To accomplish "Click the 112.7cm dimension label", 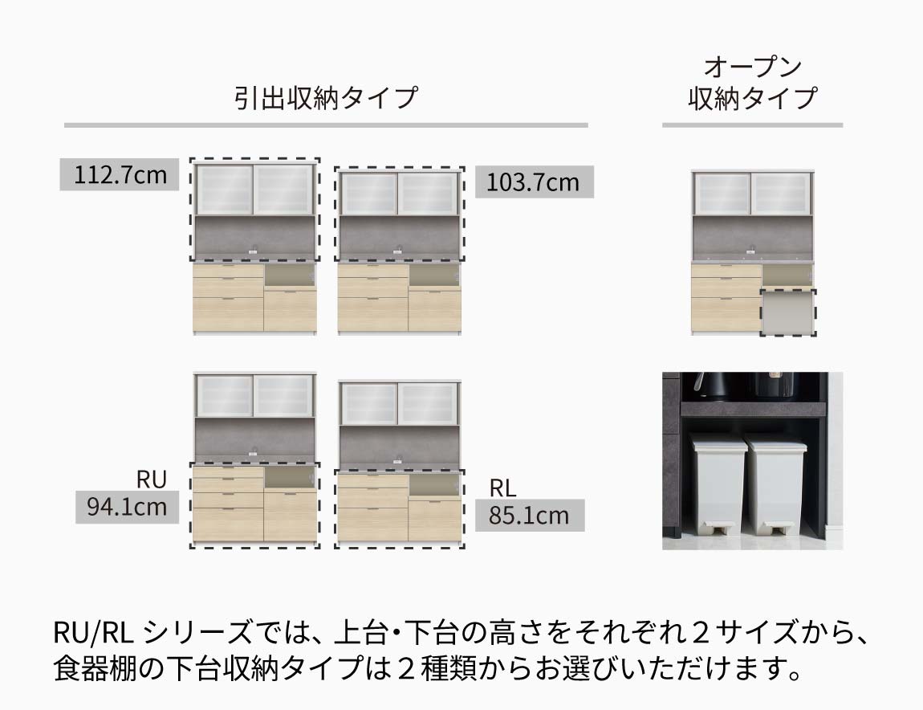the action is tap(120, 174).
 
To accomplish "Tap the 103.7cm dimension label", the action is tap(534, 182).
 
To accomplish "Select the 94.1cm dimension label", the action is tap(127, 507).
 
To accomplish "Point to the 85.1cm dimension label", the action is tap(530, 515).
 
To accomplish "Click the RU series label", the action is tap(151, 479).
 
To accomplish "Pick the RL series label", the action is tap(502, 488).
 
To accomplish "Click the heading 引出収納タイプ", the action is tap(326, 98).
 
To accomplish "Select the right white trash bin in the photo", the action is tap(773, 484).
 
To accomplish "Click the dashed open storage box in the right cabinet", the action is tap(788, 312).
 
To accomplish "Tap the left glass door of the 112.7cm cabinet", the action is tap(224, 189).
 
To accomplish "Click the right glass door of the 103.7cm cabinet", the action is tap(427, 194).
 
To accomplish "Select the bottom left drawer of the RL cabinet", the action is tap(372, 525).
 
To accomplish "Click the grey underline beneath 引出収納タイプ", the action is tap(326, 125).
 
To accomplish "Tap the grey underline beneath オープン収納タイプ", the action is tap(752, 125).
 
